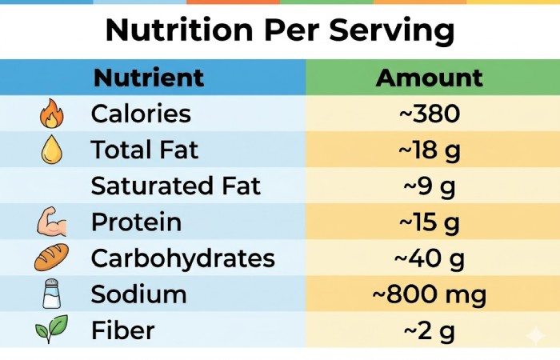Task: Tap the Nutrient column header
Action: [x=149, y=78]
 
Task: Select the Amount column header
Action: [x=429, y=78]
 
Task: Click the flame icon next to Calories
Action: [x=51, y=114]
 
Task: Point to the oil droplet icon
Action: [x=51, y=150]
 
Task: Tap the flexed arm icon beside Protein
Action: [x=51, y=222]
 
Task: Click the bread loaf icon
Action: [x=51, y=258]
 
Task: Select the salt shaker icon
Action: [x=51, y=294]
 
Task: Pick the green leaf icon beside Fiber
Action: [x=51, y=330]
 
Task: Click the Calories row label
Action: [x=141, y=114]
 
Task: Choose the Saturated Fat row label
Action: [x=176, y=186]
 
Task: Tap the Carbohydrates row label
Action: [x=182, y=258]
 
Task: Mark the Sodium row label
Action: [x=138, y=294]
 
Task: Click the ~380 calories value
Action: [x=429, y=114]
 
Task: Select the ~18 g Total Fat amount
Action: [x=429, y=150]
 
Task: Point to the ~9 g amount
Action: [x=429, y=186]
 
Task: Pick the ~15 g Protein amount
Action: [x=429, y=222]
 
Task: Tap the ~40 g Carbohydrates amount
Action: [x=429, y=258]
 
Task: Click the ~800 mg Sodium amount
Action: [x=429, y=294]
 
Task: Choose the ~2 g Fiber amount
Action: [x=429, y=330]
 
